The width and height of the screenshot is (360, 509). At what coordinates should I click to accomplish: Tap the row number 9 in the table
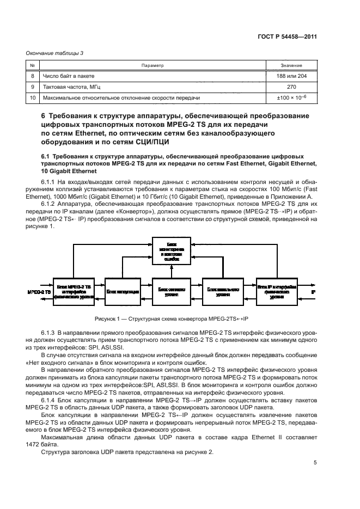(x=32, y=87)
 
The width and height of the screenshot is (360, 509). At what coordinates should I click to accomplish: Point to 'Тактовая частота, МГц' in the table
(x=71, y=87)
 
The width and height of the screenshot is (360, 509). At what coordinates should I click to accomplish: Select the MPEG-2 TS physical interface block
(x=74, y=291)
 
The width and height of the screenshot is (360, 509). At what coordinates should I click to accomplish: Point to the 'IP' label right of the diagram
(x=313, y=292)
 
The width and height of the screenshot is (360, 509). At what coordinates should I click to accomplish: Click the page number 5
(x=315, y=463)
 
